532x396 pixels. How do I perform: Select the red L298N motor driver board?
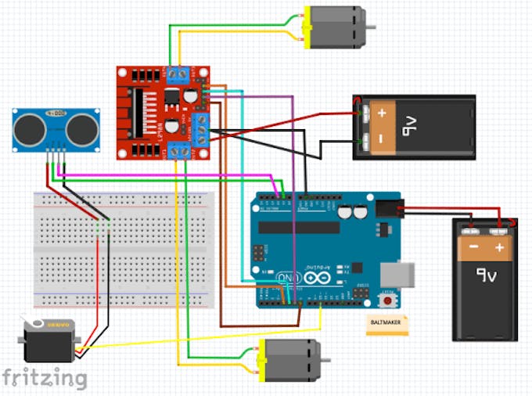click(164, 112)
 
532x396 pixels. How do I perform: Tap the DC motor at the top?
click(334, 27)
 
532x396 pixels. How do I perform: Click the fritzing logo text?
click(45, 379)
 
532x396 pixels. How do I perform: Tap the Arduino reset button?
click(386, 300)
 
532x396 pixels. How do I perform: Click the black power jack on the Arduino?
click(387, 209)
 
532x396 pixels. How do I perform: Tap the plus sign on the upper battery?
click(382, 113)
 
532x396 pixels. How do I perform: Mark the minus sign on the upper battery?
click(382, 139)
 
